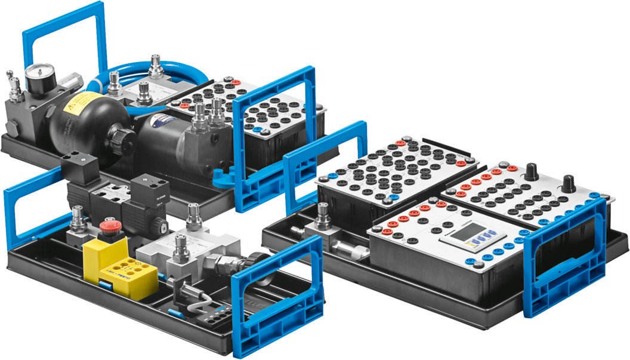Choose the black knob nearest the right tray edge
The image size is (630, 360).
click(569, 181)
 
